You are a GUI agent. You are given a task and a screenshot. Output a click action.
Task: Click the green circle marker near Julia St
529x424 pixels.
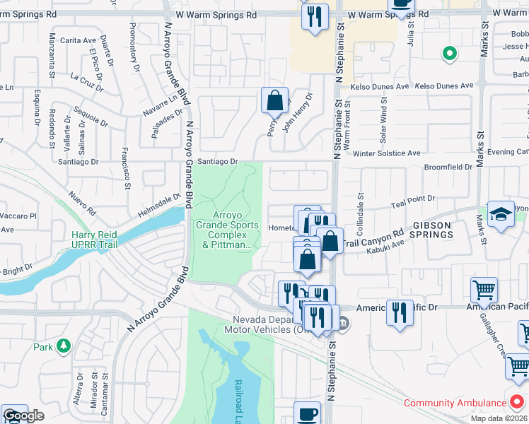tap(448, 53)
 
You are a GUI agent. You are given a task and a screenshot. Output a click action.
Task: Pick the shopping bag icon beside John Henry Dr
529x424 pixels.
tap(274, 100)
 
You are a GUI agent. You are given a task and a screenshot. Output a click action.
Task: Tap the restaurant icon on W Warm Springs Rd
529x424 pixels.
tap(315, 16)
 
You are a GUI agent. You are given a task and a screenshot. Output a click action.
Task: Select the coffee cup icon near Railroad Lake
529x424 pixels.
tap(307, 413)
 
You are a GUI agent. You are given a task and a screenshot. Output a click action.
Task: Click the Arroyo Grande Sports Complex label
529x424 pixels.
tap(227, 230)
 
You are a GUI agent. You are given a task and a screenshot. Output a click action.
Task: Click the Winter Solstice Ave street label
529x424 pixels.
tap(386, 153)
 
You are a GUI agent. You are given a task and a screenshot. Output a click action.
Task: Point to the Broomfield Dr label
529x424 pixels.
tap(448, 167)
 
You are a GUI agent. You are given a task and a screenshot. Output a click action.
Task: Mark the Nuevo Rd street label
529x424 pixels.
tap(82, 202)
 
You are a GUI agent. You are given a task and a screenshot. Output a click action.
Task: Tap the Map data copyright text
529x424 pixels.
tap(499, 418)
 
